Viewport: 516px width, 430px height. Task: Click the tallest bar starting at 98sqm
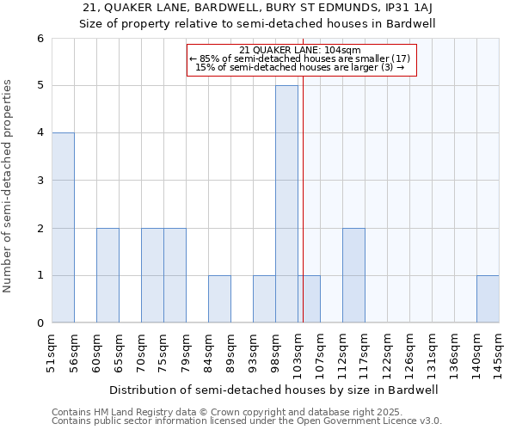click(286, 204)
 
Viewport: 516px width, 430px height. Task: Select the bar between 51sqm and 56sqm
click(63, 228)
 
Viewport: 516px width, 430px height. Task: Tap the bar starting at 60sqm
click(107, 275)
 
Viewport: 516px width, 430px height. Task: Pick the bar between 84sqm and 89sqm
click(219, 299)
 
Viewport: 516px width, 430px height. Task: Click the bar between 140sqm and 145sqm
click(488, 299)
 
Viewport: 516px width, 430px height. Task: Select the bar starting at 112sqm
click(353, 275)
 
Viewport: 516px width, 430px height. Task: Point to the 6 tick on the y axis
click(40, 39)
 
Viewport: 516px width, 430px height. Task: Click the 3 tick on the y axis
click(40, 181)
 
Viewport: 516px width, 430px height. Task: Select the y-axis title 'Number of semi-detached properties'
click(9, 186)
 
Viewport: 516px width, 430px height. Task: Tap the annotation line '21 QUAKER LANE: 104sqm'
click(300, 50)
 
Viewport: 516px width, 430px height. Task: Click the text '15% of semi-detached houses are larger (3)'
click(300, 67)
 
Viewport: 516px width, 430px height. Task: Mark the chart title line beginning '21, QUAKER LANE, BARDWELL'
click(258, 8)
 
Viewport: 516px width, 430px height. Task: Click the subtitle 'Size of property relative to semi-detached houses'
click(258, 23)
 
